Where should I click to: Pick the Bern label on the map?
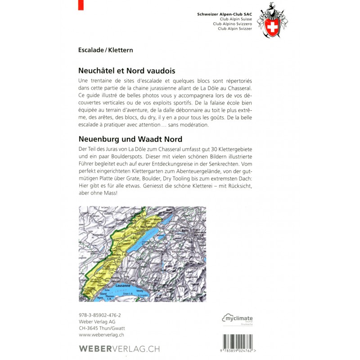[x=184, y=230]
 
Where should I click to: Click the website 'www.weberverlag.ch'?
[x=102, y=335]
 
